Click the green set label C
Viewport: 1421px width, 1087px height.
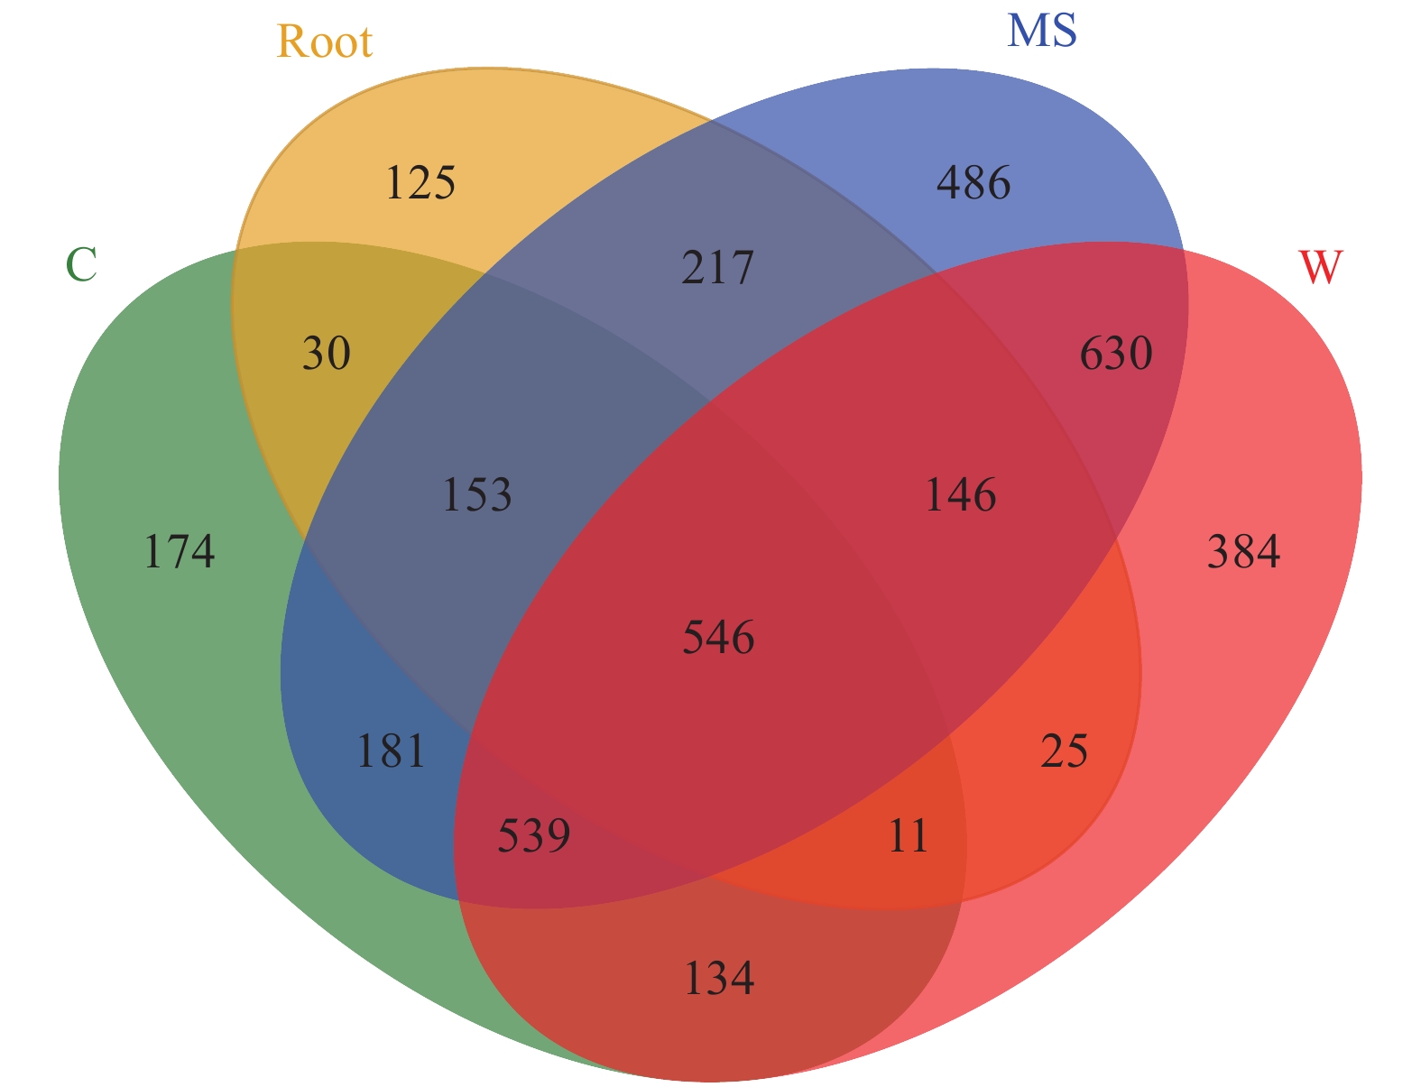coord(81,265)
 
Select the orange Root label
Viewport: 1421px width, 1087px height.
coord(324,41)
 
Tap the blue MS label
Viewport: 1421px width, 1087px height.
coord(1041,31)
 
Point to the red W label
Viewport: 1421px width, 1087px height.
coord(1320,267)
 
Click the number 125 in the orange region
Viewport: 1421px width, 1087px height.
coord(420,183)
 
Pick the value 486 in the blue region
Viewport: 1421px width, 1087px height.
coord(973,183)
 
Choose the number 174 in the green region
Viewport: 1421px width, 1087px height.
coord(180,552)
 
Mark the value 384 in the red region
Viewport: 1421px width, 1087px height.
coord(1243,552)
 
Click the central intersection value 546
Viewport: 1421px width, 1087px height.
coord(718,638)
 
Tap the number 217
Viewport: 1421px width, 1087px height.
coord(717,268)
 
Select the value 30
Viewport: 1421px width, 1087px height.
coord(326,354)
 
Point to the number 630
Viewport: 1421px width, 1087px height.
coord(1116,354)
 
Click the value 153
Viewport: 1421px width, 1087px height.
coord(477,495)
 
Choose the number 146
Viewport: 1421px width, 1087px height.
coord(961,495)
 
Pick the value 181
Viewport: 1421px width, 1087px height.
coord(391,751)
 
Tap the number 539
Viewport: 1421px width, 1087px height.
coord(534,836)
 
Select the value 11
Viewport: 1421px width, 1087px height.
coord(908,836)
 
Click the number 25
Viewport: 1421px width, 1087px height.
coord(1065,751)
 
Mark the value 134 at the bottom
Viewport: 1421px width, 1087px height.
coord(718,978)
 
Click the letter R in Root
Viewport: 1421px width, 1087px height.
coord(291,41)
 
